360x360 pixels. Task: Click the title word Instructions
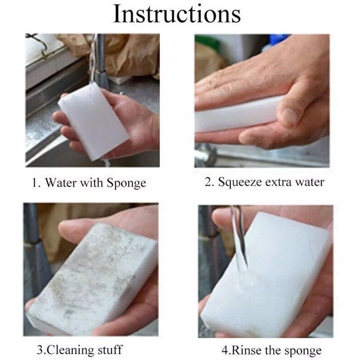click(177, 14)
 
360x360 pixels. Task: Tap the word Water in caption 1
click(60, 183)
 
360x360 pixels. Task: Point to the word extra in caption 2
click(279, 183)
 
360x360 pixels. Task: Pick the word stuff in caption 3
click(110, 350)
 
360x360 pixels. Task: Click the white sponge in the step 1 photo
click(93, 122)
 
